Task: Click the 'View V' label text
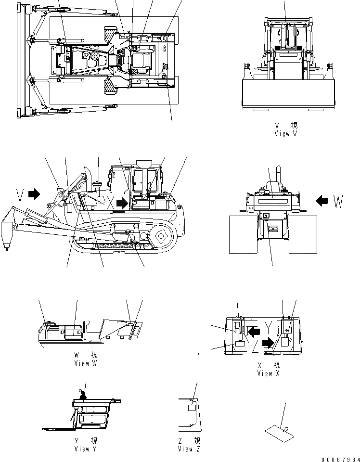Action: (285, 133)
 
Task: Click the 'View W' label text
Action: (85, 363)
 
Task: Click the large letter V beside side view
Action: (19, 194)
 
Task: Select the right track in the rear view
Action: (303, 234)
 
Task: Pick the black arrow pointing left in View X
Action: (255, 331)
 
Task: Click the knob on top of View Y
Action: (82, 396)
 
